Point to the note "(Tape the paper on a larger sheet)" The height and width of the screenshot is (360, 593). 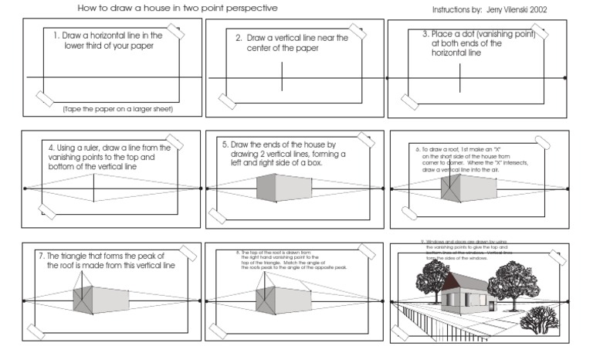tap(118, 109)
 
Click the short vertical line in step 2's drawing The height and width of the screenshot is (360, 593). tap(282, 77)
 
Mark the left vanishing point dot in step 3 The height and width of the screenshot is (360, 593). tap(388, 78)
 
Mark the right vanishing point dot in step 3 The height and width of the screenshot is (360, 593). tap(566, 78)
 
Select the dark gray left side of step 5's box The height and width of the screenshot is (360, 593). tap(266, 188)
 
